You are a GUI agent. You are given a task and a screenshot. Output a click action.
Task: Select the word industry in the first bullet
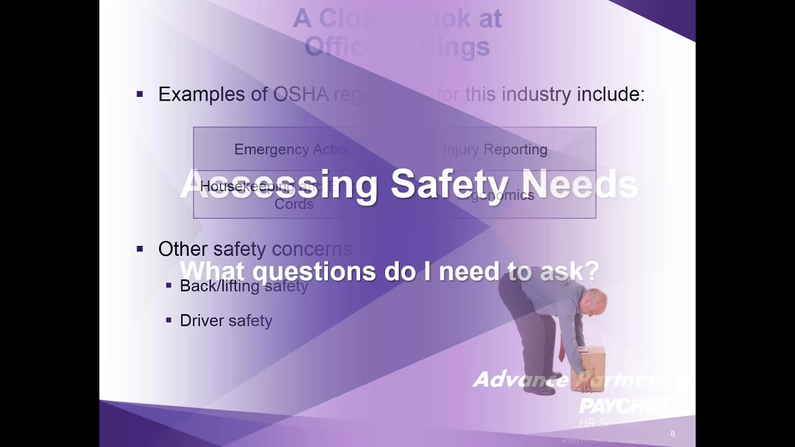536,94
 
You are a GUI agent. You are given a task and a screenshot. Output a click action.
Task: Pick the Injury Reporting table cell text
495,150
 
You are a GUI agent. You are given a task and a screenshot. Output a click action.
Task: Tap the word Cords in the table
294,204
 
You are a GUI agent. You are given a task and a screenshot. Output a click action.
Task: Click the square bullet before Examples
140,94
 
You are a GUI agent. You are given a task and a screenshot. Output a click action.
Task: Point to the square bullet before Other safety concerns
140,249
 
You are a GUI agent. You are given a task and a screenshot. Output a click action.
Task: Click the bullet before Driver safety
168,320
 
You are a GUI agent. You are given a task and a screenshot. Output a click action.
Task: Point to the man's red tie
561,349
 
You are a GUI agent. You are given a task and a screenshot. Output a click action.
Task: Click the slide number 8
673,434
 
